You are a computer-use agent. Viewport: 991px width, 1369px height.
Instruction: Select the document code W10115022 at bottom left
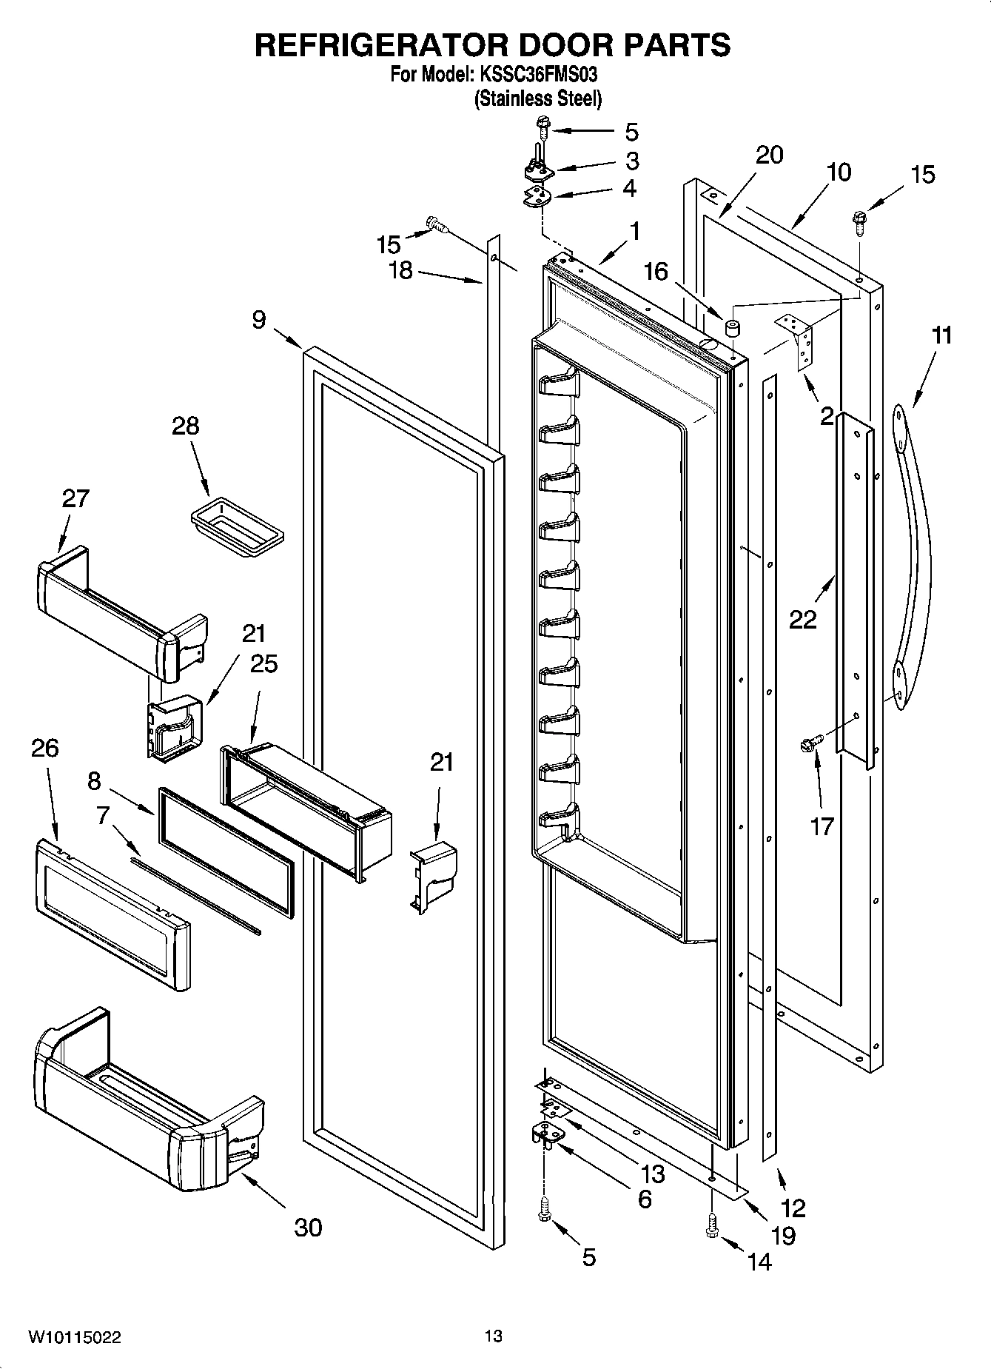point(75,1337)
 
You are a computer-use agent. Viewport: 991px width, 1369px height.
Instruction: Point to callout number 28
point(185,426)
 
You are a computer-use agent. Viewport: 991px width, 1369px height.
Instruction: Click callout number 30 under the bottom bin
point(308,1228)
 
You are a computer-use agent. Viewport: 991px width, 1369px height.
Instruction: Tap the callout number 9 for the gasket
point(258,320)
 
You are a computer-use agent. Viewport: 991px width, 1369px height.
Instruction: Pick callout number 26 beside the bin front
point(44,749)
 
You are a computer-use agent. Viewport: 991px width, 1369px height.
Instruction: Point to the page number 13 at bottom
point(494,1336)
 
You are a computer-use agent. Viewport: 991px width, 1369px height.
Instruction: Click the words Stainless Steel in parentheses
point(537,98)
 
